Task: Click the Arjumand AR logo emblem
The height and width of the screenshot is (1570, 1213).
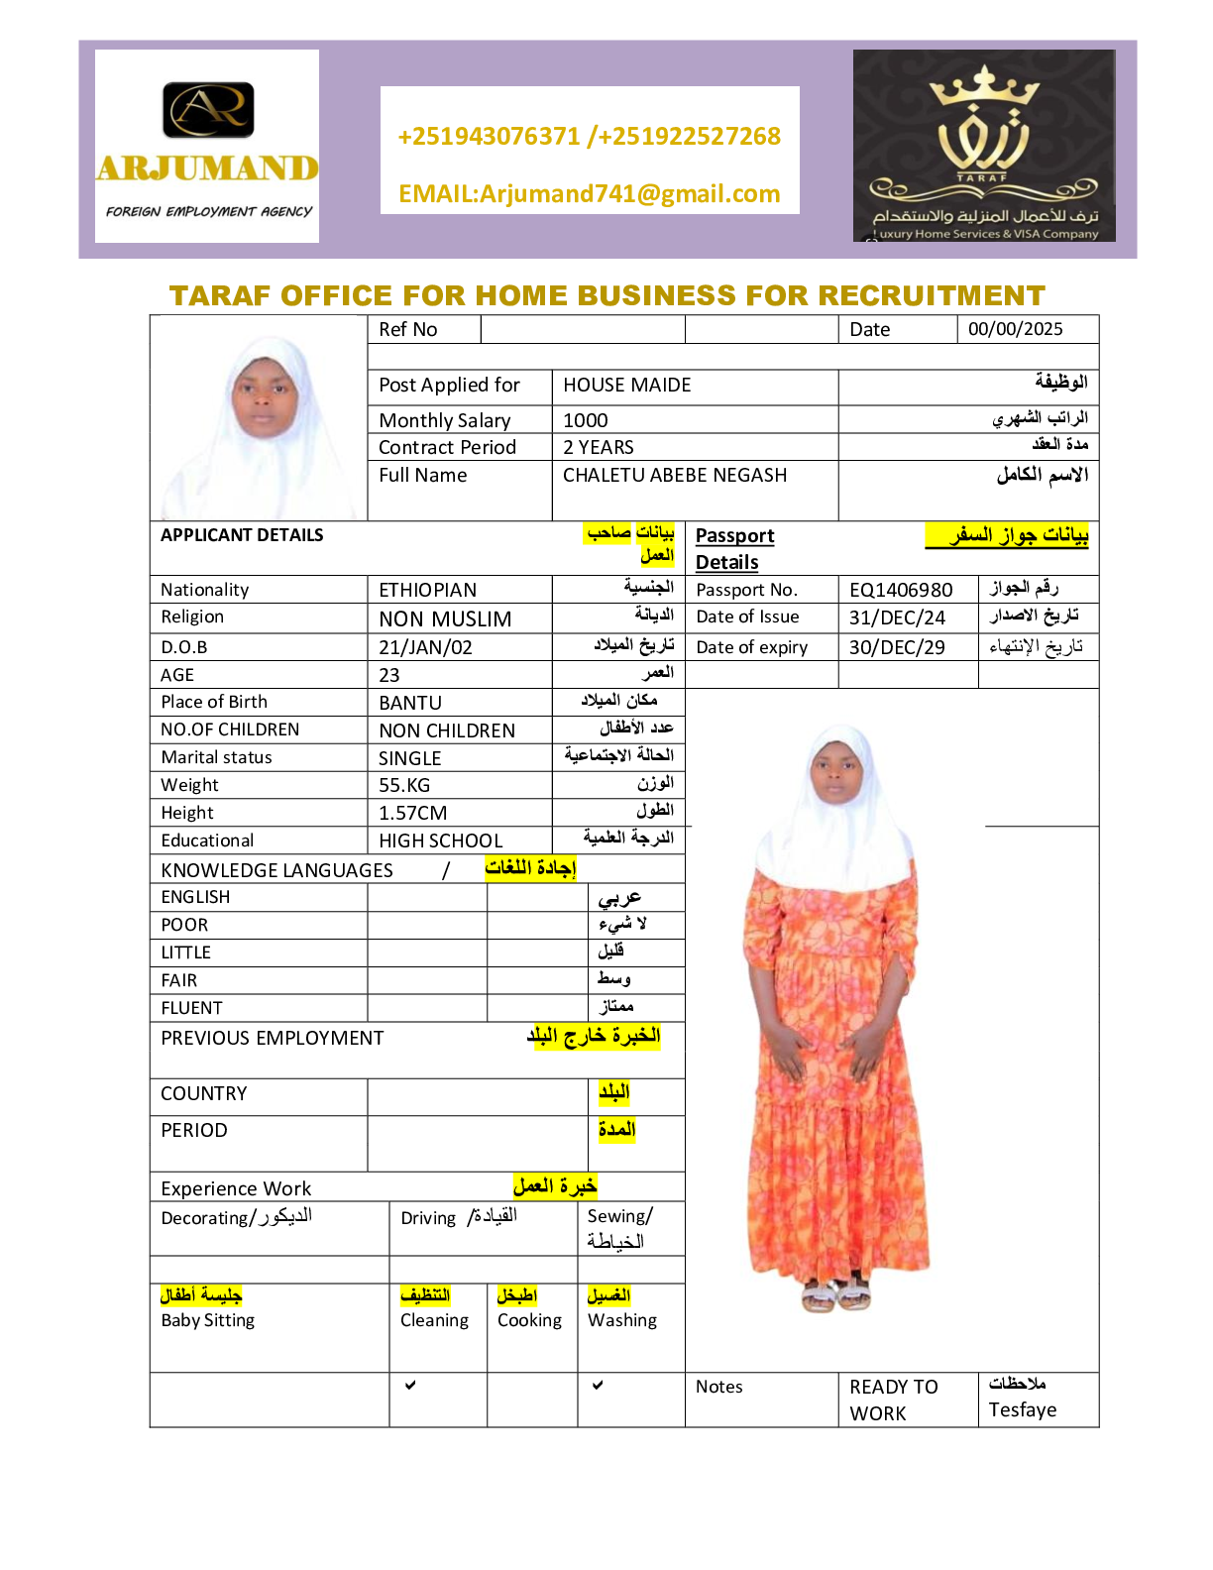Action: (x=208, y=109)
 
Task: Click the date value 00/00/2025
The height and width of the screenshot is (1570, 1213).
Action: (x=1015, y=329)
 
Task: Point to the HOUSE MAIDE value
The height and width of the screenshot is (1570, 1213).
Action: (x=626, y=385)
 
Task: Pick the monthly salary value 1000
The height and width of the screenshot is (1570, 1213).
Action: (x=586, y=420)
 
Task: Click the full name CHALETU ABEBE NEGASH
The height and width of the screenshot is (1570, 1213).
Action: (x=674, y=475)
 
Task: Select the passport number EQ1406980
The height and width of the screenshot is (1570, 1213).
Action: (x=901, y=590)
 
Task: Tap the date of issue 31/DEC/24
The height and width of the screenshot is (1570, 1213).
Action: (x=897, y=617)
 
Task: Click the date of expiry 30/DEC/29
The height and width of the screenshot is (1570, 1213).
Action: (x=897, y=647)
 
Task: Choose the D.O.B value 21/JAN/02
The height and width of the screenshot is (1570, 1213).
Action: (x=425, y=647)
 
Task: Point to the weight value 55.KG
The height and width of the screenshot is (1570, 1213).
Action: (x=404, y=785)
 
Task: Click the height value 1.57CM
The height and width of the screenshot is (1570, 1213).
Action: (x=412, y=813)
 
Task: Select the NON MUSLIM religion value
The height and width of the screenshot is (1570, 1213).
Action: (x=445, y=619)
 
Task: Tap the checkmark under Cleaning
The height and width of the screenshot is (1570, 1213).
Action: (x=410, y=1385)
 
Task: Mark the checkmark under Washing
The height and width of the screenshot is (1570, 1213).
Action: (x=598, y=1385)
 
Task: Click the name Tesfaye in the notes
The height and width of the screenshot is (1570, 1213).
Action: (x=1022, y=1409)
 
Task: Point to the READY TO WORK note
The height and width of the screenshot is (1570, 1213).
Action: (x=893, y=1400)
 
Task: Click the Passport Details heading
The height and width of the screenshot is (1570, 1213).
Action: (x=734, y=548)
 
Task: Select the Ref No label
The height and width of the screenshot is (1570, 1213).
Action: (x=407, y=329)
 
